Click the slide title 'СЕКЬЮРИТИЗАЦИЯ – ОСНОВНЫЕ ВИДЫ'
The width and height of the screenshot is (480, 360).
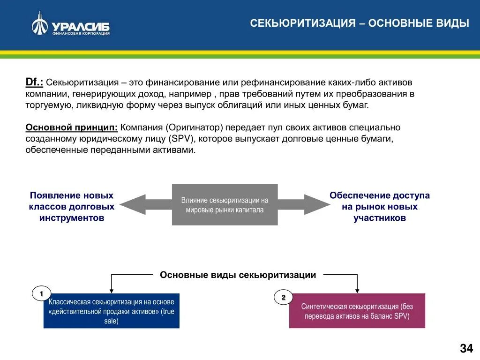tap(359, 23)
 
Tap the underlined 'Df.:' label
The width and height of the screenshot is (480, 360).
tap(34, 82)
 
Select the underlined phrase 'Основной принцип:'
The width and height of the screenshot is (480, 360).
tap(71, 127)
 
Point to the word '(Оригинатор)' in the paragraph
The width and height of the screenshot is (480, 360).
tap(194, 127)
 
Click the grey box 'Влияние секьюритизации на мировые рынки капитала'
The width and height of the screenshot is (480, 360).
tap(225, 204)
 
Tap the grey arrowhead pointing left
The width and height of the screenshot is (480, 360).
tap(133, 204)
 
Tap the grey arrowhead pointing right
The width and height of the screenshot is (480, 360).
tap(316, 204)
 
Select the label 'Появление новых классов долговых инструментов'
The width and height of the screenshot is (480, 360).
tap(72, 207)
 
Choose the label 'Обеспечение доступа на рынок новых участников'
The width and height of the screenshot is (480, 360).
tap(379, 207)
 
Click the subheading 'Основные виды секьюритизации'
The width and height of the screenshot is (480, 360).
tap(238, 275)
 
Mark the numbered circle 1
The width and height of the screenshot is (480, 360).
tap(41, 293)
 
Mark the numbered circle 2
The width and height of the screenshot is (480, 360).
tap(283, 298)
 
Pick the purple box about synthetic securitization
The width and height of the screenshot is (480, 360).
tap(357, 311)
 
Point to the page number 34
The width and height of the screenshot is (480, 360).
tap(466, 348)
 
